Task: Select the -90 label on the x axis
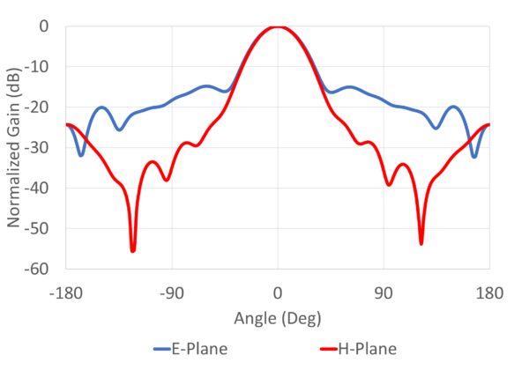(x=172, y=292)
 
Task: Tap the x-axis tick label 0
(x=278, y=292)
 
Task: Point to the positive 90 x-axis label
(x=384, y=292)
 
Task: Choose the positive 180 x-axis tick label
(x=489, y=292)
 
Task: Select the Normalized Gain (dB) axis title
(x=16, y=148)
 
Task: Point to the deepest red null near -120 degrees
(x=133, y=251)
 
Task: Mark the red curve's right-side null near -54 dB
(x=421, y=243)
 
